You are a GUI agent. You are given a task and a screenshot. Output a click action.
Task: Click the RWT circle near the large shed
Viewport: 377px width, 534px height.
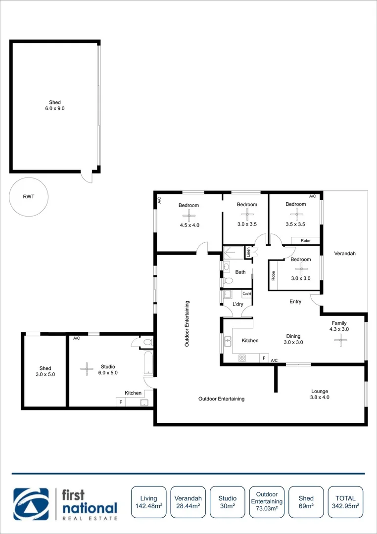click(x=28, y=196)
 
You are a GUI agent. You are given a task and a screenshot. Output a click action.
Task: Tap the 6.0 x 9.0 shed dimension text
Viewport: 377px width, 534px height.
click(x=54, y=108)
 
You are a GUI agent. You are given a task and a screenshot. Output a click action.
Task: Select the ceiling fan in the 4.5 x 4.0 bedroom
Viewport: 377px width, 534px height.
click(x=188, y=215)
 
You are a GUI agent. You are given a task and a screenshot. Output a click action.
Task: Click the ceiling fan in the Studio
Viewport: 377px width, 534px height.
click(x=87, y=367)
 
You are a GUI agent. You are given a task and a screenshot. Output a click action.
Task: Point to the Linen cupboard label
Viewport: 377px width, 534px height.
click(x=249, y=252)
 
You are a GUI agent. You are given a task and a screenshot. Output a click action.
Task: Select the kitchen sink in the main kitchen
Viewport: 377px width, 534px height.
click(x=228, y=341)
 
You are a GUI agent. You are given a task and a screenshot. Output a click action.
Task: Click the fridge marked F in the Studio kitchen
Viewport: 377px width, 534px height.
click(x=120, y=402)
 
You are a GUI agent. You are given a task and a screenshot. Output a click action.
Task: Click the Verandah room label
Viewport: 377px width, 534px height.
click(x=345, y=253)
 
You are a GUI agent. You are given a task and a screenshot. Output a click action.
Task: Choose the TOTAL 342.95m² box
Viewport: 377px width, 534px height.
click(x=345, y=502)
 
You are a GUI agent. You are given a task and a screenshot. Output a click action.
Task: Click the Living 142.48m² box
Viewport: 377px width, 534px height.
click(x=148, y=502)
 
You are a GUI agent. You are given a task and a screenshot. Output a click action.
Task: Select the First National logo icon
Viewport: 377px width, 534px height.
click(x=31, y=504)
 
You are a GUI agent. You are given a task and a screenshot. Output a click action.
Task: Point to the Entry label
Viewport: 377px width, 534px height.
click(x=295, y=302)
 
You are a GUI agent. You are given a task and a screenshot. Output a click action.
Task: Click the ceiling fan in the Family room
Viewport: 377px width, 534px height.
click(x=340, y=339)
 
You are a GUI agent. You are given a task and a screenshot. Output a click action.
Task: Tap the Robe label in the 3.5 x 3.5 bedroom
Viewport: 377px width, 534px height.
click(x=306, y=241)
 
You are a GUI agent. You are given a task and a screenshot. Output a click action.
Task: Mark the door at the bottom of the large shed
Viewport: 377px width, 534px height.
click(x=87, y=176)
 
